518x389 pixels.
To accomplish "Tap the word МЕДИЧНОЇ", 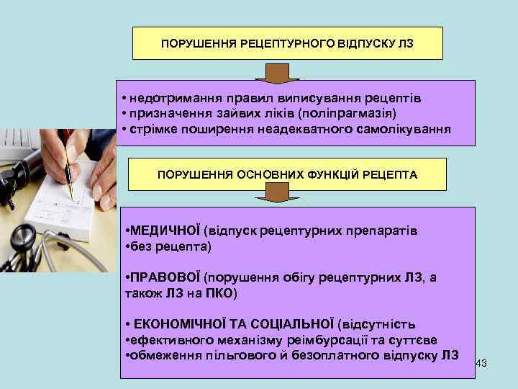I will click(x=165, y=231).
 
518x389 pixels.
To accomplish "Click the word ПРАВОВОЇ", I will click(x=165, y=278).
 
